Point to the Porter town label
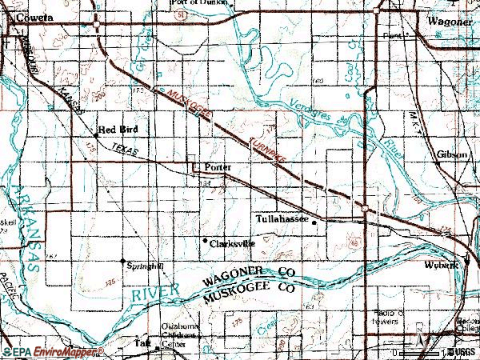[x=217, y=166]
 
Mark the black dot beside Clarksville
[x=205, y=240]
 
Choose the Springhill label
[x=146, y=262]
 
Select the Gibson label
[x=452, y=154]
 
